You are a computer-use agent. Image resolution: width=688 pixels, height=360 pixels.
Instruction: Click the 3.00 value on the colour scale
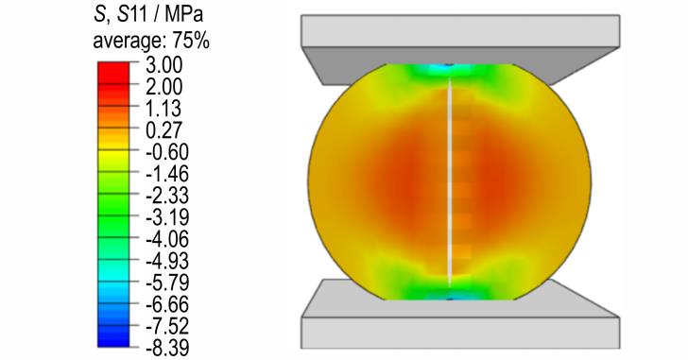[163, 65]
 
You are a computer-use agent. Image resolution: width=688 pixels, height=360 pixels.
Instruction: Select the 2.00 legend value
[163, 87]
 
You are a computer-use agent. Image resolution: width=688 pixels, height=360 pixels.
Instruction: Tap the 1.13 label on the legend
[163, 109]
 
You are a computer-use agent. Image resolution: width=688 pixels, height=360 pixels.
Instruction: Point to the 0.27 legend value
[163, 130]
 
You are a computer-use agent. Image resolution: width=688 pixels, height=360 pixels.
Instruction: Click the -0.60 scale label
[167, 152]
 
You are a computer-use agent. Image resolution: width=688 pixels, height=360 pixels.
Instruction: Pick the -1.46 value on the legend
[167, 174]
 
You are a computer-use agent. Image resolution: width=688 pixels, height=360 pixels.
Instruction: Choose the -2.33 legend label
[167, 196]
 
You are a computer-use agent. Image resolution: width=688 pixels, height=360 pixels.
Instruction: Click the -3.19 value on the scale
[167, 217]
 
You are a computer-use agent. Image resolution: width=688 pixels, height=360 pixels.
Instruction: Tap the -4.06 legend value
[167, 239]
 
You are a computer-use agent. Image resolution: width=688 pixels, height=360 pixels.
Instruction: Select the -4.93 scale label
[167, 261]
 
